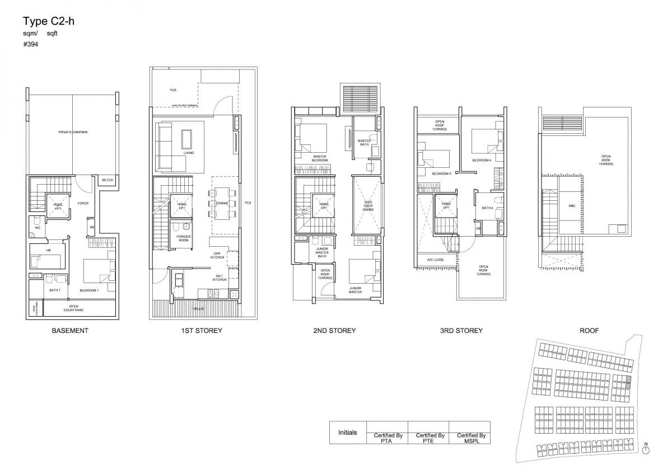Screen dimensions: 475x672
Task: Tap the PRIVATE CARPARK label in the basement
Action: tap(73, 132)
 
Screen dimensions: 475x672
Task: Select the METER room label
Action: tap(107, 180)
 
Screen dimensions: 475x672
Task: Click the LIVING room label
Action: tap(189, 153)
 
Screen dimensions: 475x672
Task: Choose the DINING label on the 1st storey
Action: tap(222, 203)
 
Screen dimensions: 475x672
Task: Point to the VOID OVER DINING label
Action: tap(367, 206)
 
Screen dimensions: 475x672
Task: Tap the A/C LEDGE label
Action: tap(435, 260)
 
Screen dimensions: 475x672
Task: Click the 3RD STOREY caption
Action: tap(461, 331)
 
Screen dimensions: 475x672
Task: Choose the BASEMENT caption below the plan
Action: tap(70, 331)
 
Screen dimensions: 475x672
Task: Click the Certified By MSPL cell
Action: tap(471, 438)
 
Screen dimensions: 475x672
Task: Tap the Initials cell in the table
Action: tap(348, 432)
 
